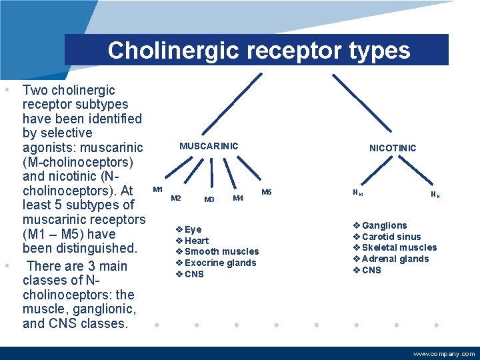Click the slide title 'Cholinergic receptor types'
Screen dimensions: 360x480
coord(259,51)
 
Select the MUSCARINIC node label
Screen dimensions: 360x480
coord(209,146)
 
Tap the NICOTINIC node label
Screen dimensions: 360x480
coord(393,148)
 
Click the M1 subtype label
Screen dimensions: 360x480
coord(158,190)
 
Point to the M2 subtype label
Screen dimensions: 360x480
coord(176,198)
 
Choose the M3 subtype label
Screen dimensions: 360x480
coord(209,199)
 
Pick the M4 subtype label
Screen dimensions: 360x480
coord(237,198)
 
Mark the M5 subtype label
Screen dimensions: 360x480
coord(267,193)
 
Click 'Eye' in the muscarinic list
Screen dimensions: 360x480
coord(193,229)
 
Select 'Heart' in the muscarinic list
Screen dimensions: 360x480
coord(196,241)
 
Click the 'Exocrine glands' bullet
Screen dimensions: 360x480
coord(220,263)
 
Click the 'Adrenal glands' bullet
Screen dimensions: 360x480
coord(395,259)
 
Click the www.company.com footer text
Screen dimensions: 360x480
coord(444,354)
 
